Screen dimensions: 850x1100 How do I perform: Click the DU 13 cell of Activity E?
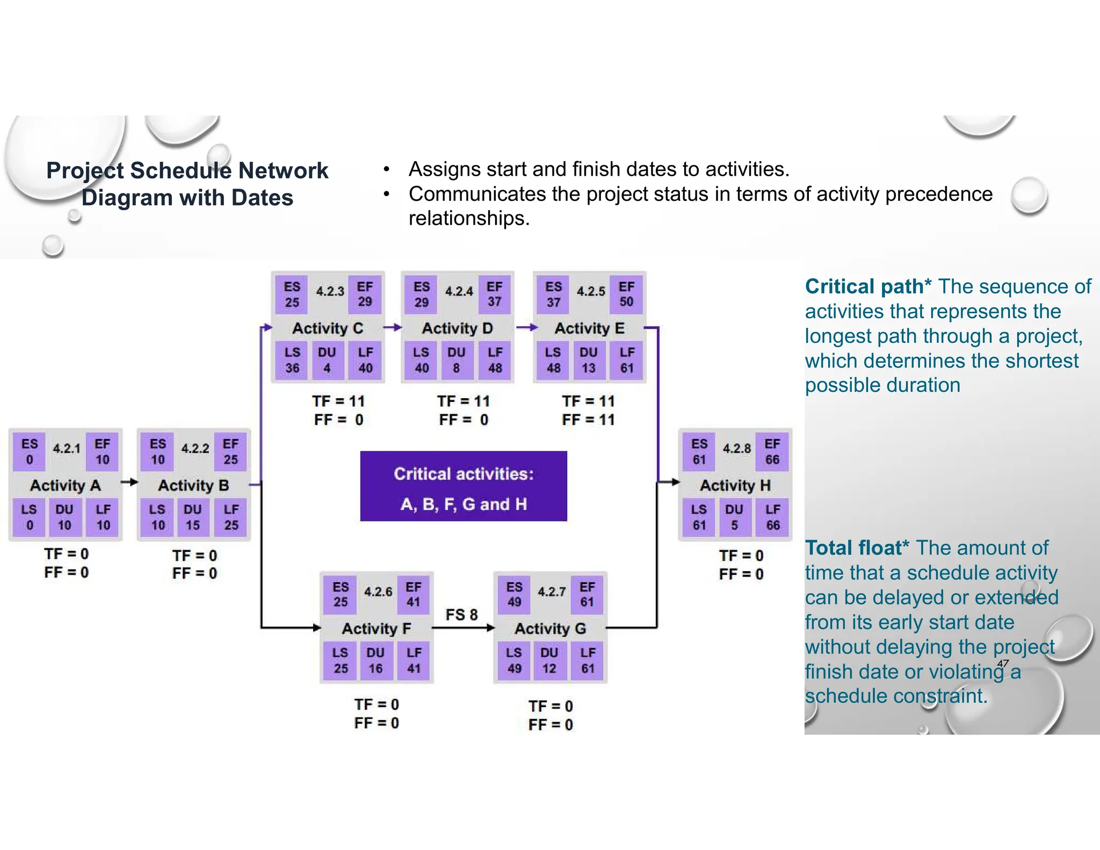pos(589,360)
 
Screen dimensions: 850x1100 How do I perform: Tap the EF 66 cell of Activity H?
pos(772,451)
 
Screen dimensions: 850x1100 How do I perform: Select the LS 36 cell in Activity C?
pos(292,360)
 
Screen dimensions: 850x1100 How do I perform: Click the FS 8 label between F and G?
pos(461,614)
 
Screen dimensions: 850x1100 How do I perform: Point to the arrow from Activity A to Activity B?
pos(129,482)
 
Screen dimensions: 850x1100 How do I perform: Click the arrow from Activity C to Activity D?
pos(393,327)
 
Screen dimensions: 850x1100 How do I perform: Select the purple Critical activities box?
pos(464,486)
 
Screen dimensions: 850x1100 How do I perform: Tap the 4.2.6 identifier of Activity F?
pos(378,592)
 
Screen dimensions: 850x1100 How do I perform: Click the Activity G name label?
pos(550,628)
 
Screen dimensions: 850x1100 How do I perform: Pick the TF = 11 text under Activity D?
pos(464,401)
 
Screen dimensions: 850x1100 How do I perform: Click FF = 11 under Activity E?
pos(588,420)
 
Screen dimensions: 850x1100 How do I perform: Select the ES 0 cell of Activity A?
pos(30,451)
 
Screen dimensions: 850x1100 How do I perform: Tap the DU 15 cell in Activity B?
pos(192,517)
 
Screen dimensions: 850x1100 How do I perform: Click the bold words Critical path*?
pos(867,286)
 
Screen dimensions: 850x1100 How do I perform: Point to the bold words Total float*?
pos(857,548)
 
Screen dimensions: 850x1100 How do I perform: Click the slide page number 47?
pos(1002,663)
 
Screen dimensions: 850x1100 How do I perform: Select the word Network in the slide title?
pos(283,171)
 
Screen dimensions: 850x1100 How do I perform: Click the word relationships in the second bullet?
pos(468,218)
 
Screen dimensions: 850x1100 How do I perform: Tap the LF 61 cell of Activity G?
pos(588,660)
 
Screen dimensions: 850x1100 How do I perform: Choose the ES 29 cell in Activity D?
pos(422,294)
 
